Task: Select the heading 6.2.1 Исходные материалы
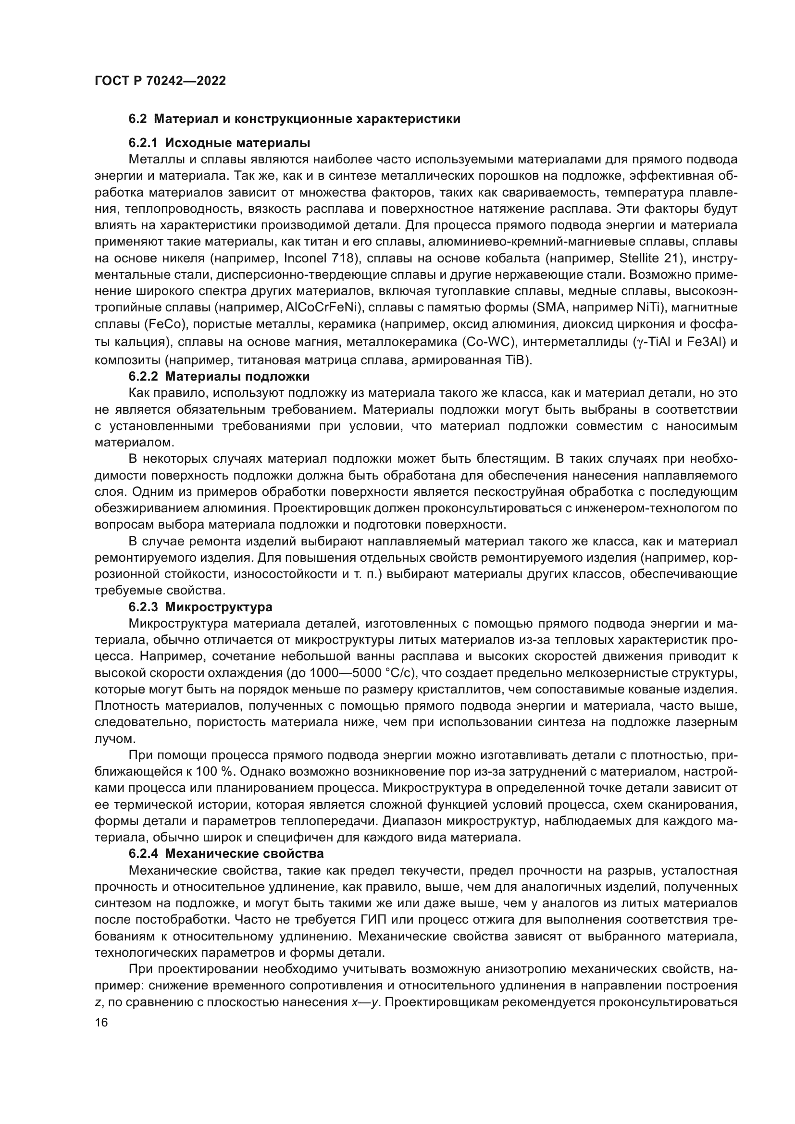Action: (219, 143)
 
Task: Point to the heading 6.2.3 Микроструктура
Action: (200, 607)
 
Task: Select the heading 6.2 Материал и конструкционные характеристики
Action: (294, 119)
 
